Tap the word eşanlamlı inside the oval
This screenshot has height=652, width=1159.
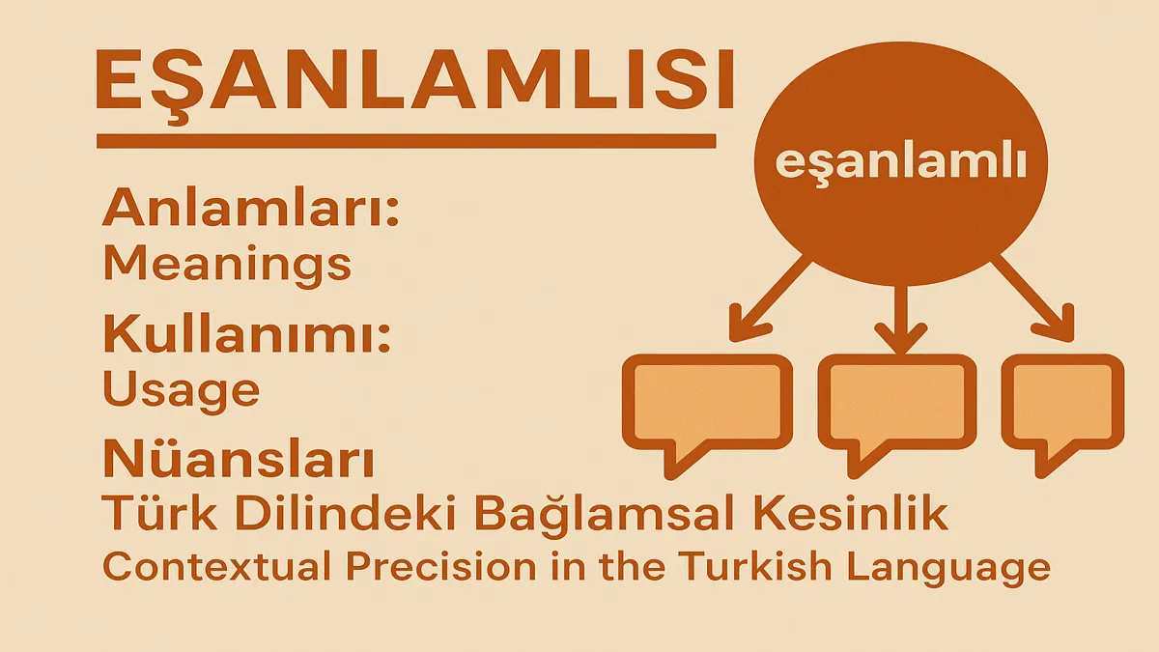coord(901,164)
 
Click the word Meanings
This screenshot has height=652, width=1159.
coord(228,265)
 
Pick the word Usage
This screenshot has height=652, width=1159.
coord(182,391)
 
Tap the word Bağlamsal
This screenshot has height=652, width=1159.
coord(642,514)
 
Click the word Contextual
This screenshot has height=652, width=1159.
coord(216,567)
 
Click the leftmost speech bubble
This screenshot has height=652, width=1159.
coord(707,409)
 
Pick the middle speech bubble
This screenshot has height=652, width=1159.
coord(897,409)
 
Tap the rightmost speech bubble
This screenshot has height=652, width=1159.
coord(1062,409)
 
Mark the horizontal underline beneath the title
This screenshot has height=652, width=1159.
coord(407,141)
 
